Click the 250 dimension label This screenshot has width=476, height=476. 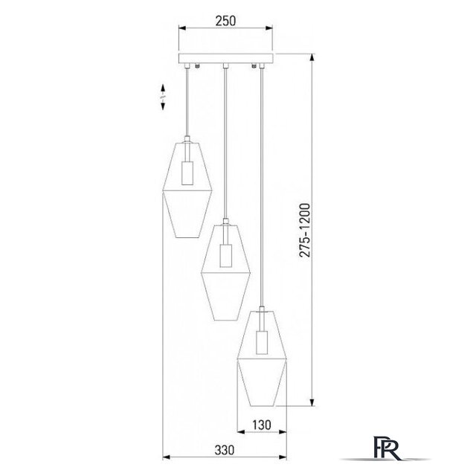(x=225, y=21)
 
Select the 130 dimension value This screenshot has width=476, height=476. (x=262, y=425)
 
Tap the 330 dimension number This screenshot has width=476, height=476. (x=225, y=450)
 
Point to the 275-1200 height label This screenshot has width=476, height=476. (x=304, y=231)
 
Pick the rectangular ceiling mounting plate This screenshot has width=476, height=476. (x=226, y=59)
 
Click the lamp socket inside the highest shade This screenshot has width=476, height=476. (x=187, y=173)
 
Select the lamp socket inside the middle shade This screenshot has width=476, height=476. (x=225, y=255)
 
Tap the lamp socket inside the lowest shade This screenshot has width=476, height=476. (x=262, y=342)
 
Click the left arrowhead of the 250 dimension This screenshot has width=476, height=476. (x=182, y=28)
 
